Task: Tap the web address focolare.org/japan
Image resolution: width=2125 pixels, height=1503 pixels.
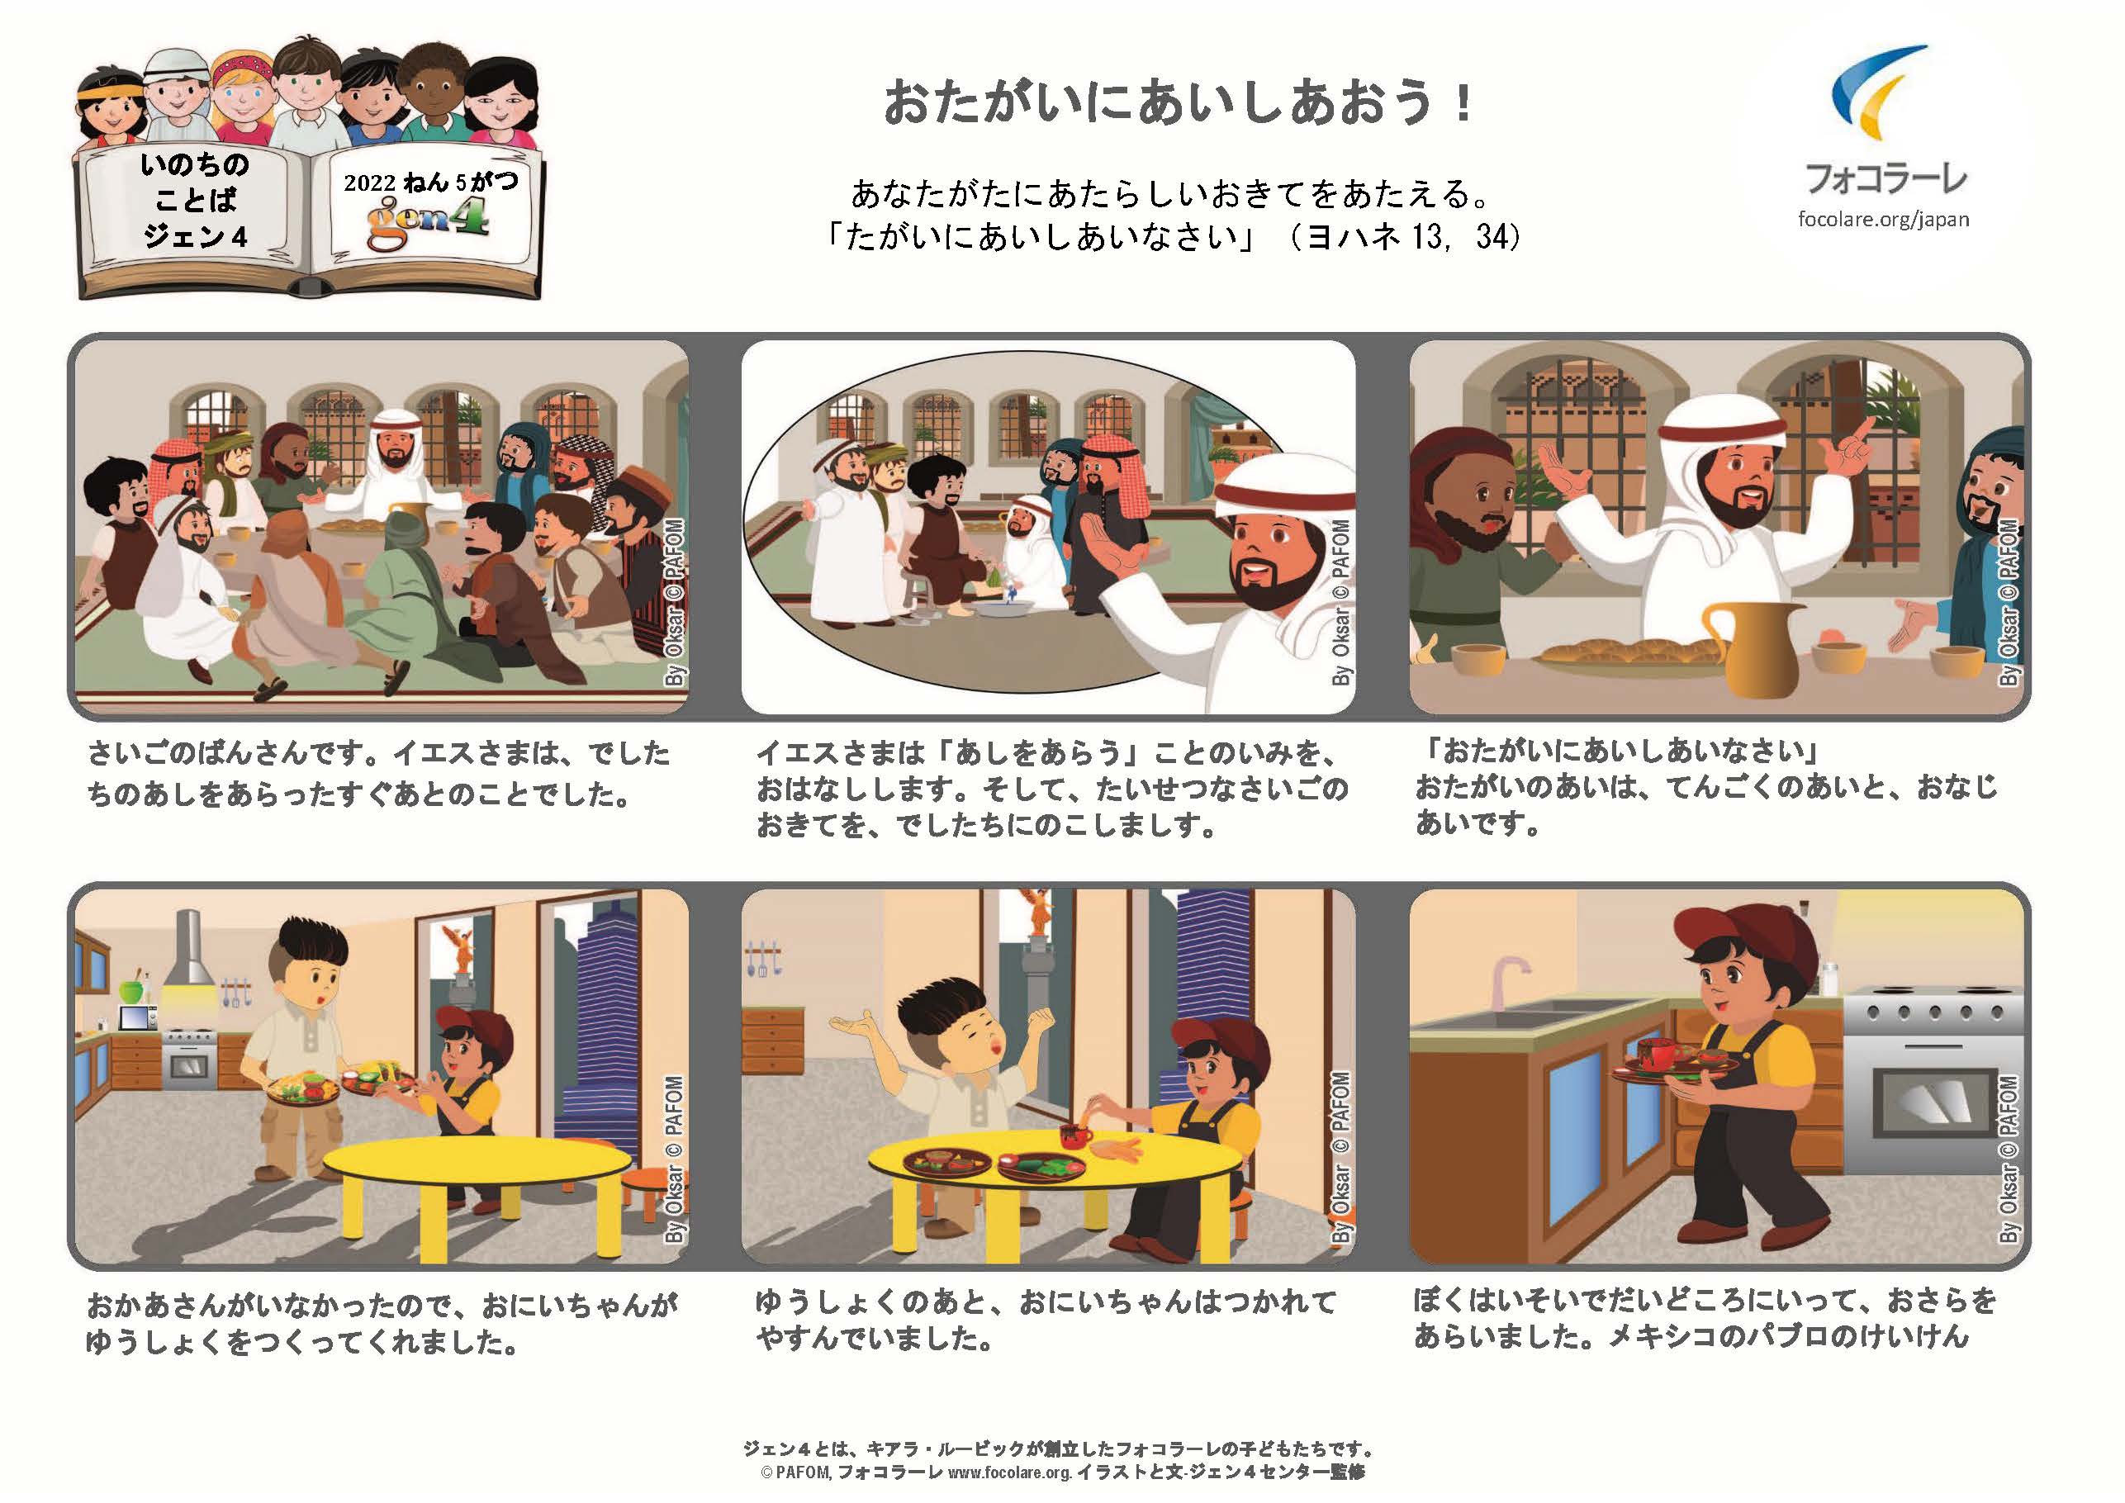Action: [1884, 220]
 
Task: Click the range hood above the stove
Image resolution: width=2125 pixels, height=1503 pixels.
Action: [189, 949]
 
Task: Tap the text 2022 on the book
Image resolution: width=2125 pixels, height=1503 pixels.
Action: [369, 183]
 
